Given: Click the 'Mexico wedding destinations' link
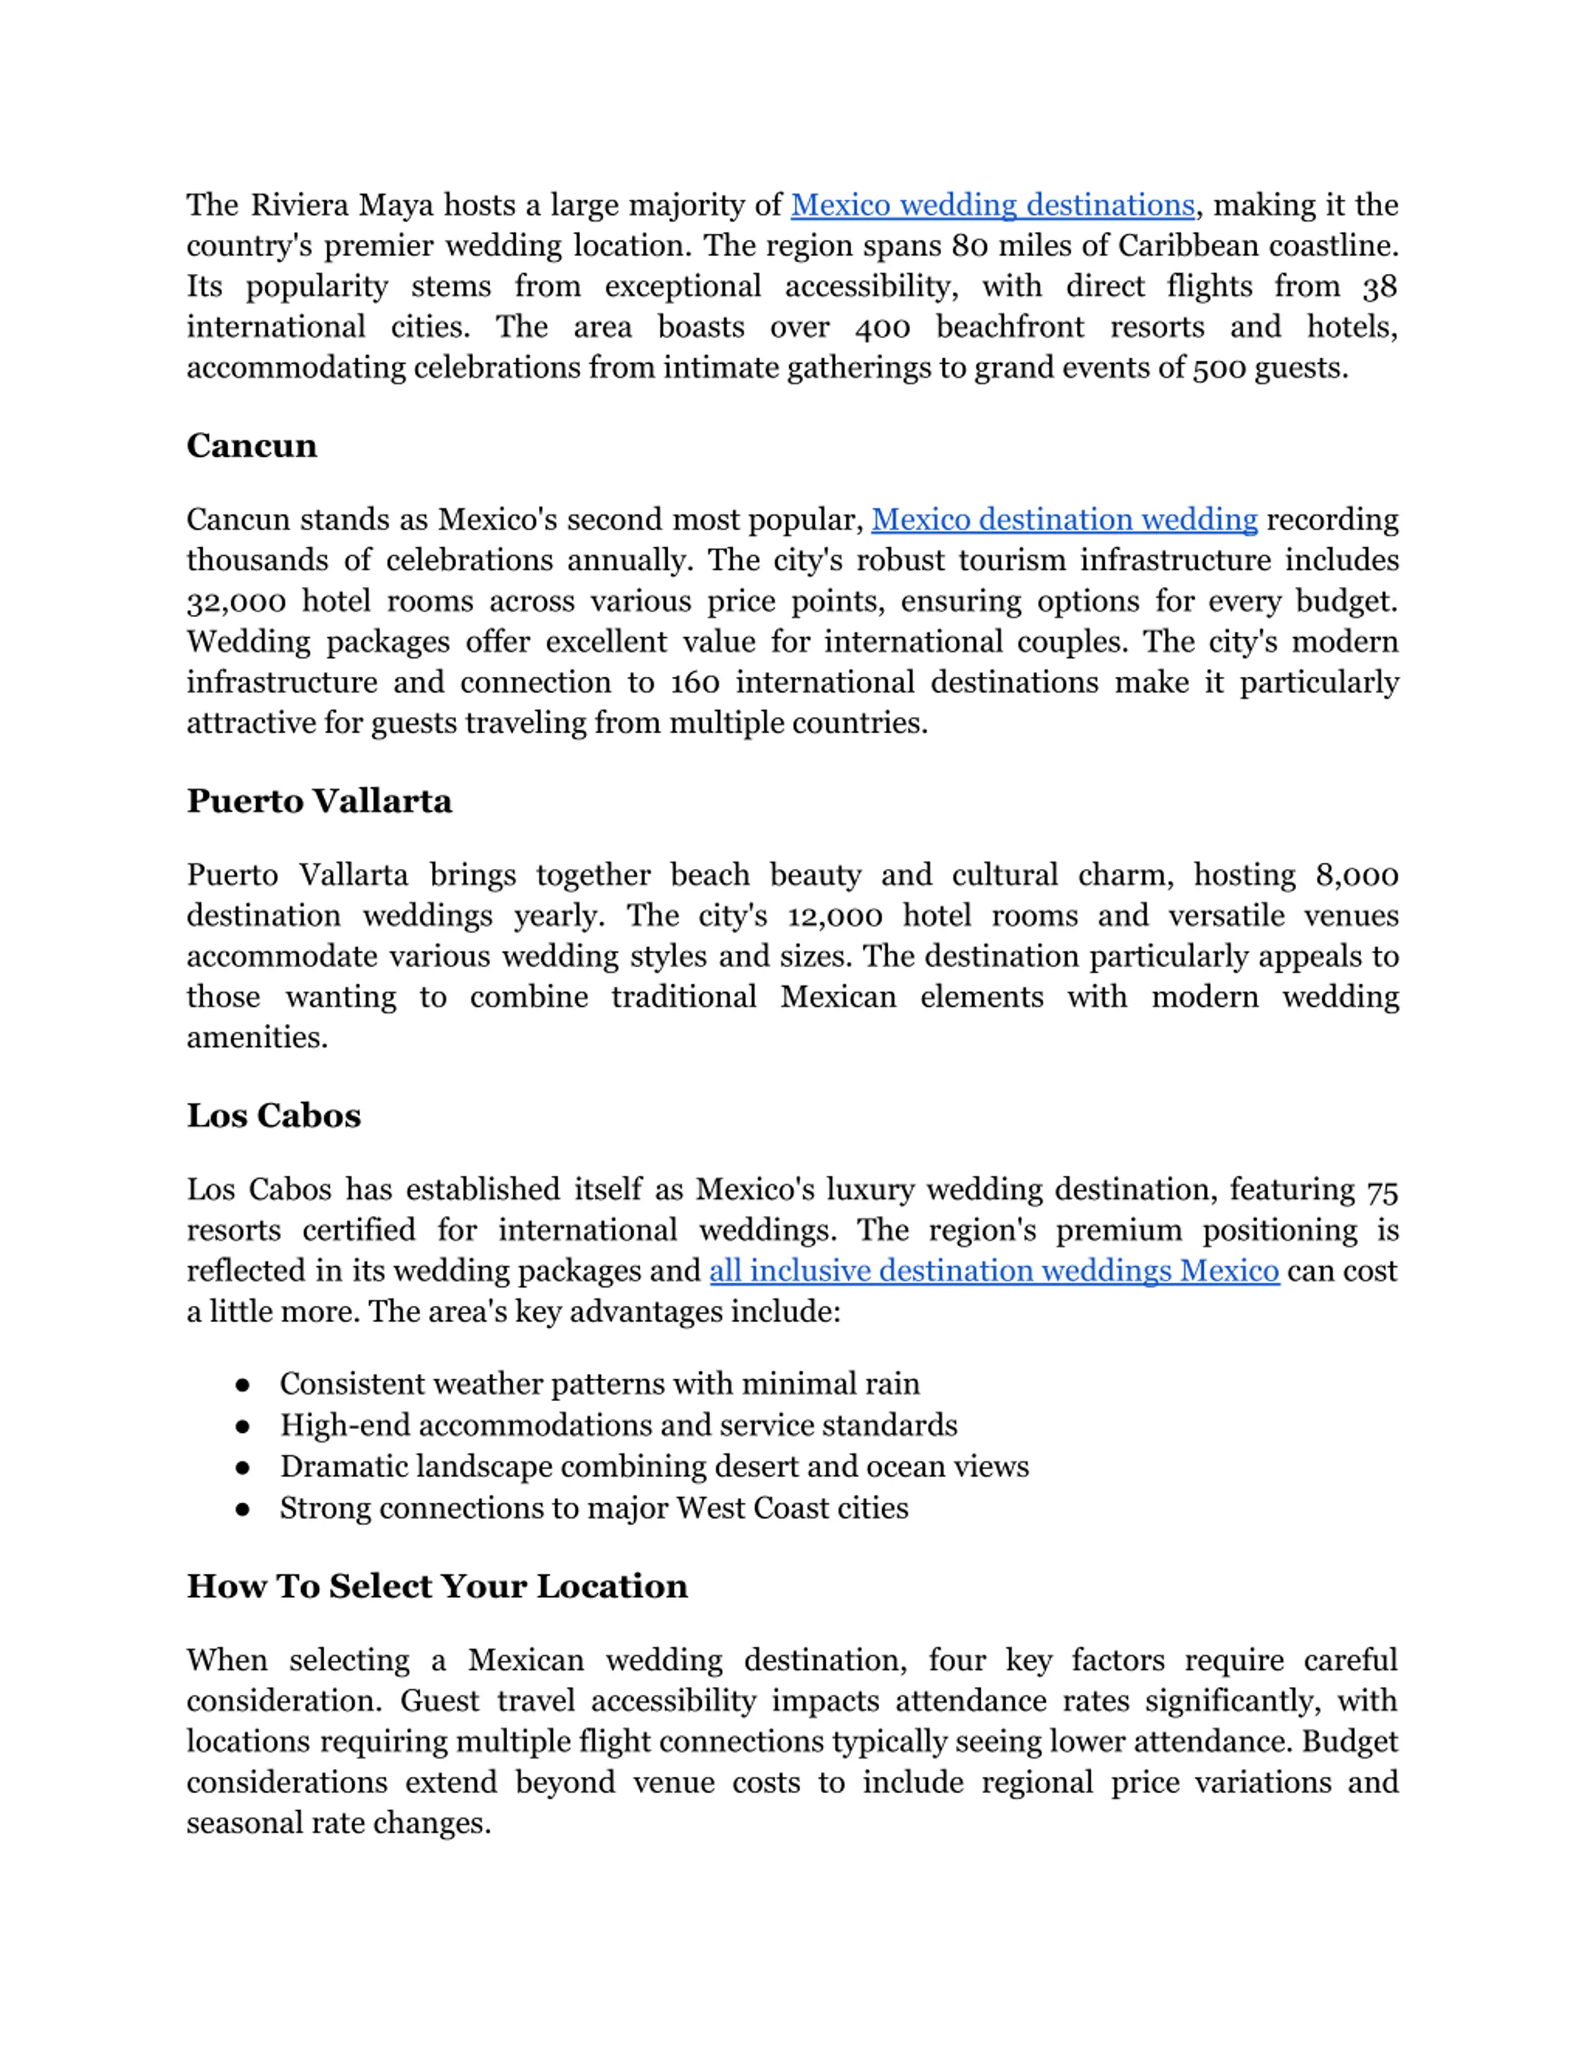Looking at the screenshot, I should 992,205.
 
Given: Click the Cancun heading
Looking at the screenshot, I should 251,446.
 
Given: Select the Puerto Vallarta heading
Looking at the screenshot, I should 319,801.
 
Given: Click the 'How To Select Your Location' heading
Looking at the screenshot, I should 437,1586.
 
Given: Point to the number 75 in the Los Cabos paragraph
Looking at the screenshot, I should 1382,1190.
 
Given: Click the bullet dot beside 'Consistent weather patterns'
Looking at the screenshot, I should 242,1384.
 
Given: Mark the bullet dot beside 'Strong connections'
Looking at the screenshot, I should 242,1509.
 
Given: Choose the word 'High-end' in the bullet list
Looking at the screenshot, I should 345,1425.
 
